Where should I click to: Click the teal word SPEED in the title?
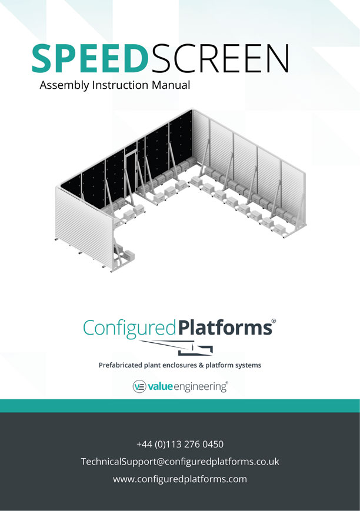89,59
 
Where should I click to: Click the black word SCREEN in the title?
220,59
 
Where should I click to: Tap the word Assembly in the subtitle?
64,85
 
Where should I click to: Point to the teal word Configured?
130,329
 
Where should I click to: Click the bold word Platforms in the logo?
225,328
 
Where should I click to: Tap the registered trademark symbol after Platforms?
274,320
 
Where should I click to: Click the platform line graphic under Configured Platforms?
176,348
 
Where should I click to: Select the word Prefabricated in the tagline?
121,365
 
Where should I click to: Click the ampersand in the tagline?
201,365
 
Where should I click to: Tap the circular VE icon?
139,387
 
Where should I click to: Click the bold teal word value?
160,386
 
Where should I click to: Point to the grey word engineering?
200,387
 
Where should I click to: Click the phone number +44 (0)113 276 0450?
180,444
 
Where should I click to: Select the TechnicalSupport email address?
180,462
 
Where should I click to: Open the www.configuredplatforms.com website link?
180,479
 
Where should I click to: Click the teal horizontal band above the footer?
180,406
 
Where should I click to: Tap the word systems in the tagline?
249,365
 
